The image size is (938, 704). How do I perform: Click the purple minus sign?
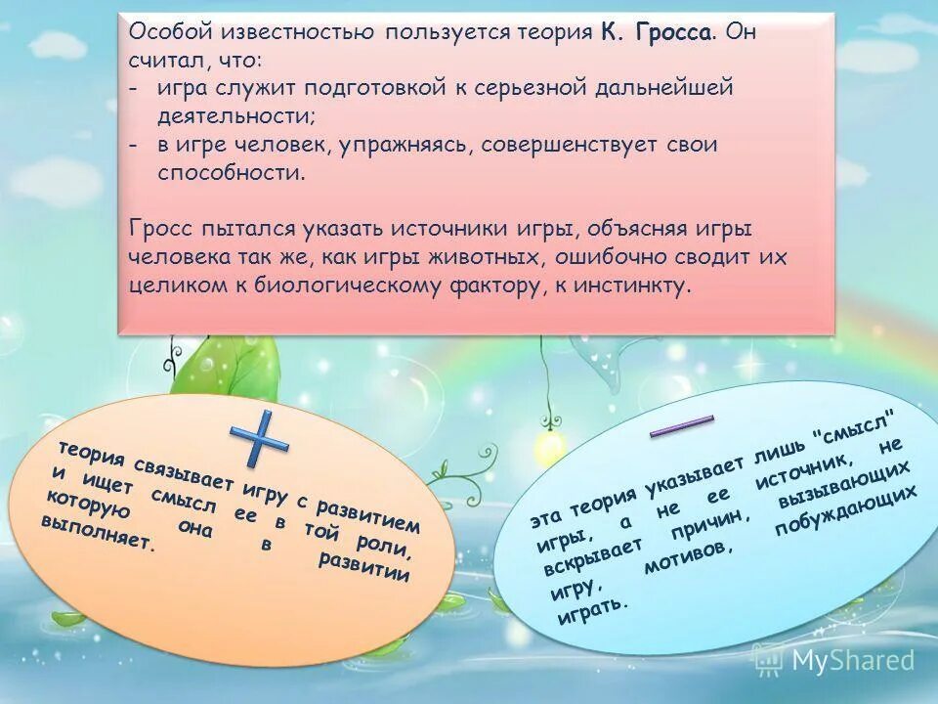681,427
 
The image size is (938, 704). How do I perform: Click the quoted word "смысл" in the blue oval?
856,427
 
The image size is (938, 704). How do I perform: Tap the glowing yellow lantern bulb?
550,446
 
